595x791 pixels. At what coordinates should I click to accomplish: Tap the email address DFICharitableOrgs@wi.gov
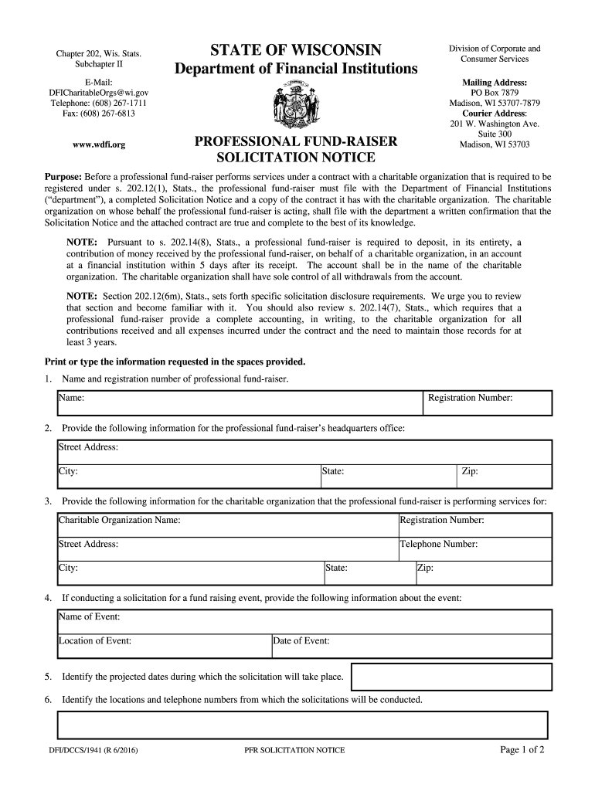tap(98, 92)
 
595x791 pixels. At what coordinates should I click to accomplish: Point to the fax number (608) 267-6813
tap(98, 114)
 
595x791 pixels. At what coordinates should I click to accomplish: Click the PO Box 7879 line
tap(495, 93)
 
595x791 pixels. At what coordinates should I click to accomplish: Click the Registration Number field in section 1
tap(488, 402)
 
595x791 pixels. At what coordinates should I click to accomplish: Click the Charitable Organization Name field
tap(227, 525)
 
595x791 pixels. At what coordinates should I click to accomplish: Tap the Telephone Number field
tap(474, 548)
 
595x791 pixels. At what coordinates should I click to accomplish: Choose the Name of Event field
tap(304, 621)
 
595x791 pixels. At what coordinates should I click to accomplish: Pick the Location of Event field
tap(164, 645)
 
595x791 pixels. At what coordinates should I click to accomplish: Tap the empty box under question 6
tap(302, 725)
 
